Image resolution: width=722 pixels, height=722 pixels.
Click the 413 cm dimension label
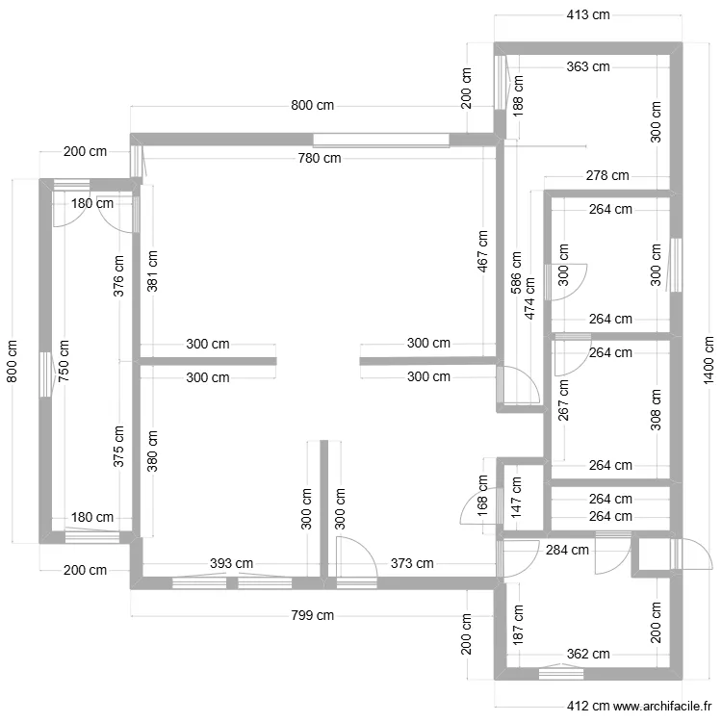pyautogui.click(x=589, y=14)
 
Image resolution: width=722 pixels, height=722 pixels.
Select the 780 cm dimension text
pyautogui.click(x=320, y=159)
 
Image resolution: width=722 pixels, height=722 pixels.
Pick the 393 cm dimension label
pyautogui.click(x=232, y=563)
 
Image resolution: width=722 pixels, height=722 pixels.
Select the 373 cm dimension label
pyautogui.click(x=411, y=563)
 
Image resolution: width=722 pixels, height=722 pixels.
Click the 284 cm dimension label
pyautogui.click(x=567, y=551)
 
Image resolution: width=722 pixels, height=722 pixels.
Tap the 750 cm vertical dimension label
pyautogui.click(x=64, y=361)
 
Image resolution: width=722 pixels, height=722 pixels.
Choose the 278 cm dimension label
pyautogui.click(x=606, y=175)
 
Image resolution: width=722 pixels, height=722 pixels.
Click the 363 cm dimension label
pyautogui.click(x=588, y=66)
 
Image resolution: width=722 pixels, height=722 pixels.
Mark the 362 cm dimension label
pyautogui.click(x=588, y=654)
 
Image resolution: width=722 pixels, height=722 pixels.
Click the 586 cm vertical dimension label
pyautogui.click(x=517, y=273)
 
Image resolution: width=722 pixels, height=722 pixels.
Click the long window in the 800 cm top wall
pyautogui.click(x=380, y=139)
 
